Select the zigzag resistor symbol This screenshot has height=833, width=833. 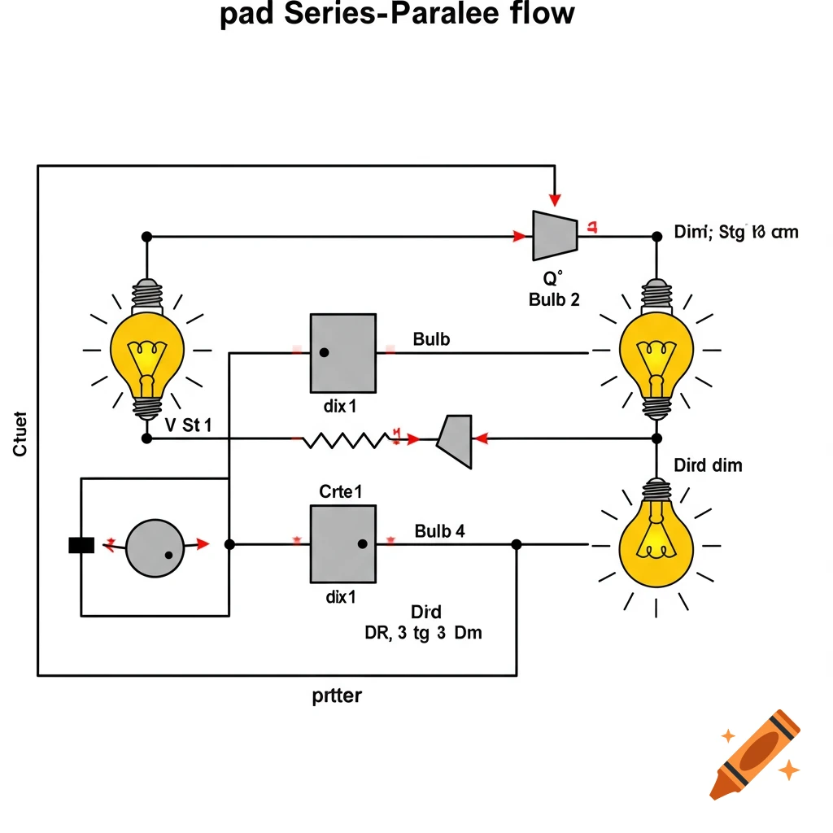pos(346,440)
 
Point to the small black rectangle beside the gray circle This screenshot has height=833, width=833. pos(82,545)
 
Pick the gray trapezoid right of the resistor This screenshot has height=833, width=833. pos(456,440)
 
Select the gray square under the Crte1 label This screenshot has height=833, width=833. pos(342,543)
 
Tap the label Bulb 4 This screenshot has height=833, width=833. pos(439,532)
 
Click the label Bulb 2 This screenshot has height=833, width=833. pos(554,299)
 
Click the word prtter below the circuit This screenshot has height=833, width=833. pos(337,696)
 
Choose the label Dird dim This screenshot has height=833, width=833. pos(708,466)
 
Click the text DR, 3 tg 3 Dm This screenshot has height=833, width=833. pos(423,633)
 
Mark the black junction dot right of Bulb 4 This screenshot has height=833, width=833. pos(516,544)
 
